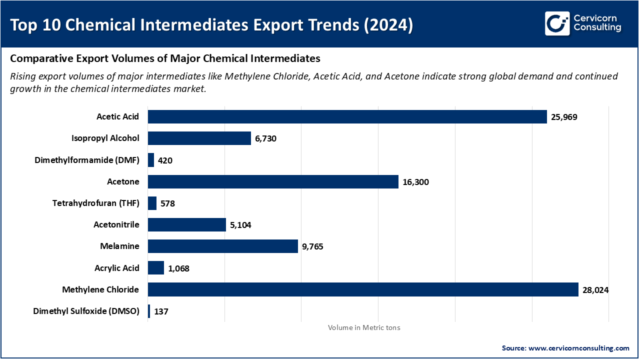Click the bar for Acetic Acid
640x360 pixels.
[347, 117]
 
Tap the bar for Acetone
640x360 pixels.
[273, 182]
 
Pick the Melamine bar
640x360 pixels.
[222, 246]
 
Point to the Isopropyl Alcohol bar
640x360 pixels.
[199, 138]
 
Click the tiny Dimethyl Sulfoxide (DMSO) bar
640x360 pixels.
[149, 311]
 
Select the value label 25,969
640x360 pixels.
[564, 117]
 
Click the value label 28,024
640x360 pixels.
[595, 289]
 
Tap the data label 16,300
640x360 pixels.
[415, 182]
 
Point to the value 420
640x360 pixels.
[165, 160]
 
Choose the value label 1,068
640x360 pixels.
[178, 268]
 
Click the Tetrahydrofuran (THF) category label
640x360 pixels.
[95, 203]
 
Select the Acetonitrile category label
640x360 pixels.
[116, 224]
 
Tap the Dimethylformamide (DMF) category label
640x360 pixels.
[87, 160]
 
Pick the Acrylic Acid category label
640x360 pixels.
[116, 268]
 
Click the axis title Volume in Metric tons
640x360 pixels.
[364, 327]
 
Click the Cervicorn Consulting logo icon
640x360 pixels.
[557, 23]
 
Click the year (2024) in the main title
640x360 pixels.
[388, 25]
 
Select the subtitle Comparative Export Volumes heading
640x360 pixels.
[165, 58]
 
